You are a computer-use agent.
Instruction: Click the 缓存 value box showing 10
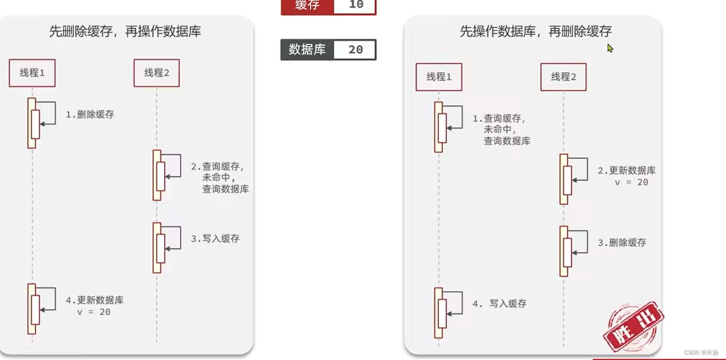pos(354,6)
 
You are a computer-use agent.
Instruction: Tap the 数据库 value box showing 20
pos(355,50)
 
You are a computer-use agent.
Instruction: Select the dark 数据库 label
pos(307,50)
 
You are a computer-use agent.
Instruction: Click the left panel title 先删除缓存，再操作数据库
pos(125,32)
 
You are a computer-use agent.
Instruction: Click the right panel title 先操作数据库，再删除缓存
pos(536,32)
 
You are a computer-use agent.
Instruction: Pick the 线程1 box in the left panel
pos(32,73)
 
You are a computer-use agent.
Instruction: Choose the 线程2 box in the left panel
pos(156,73)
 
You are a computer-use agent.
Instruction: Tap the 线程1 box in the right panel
pos(439,77)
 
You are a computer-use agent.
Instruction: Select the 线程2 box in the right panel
pos(563,77)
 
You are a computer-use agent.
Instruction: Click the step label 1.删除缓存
pos(90,115)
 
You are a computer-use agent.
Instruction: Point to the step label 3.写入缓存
pos(215,239)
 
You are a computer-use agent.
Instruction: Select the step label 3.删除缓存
pos(622,243)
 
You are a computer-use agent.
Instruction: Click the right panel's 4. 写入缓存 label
pos(499,303)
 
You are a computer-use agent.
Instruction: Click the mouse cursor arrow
pos(610,48)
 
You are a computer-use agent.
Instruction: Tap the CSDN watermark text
pos(701,352)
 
